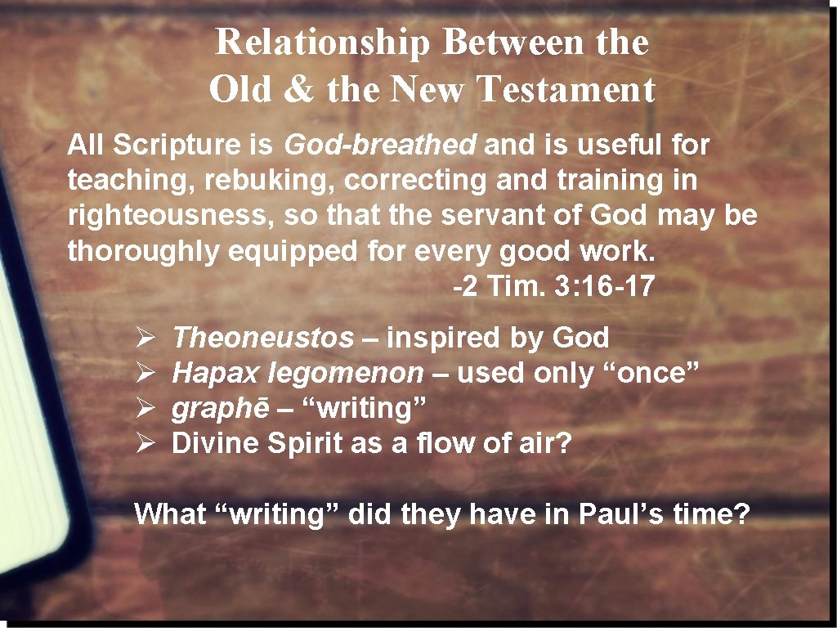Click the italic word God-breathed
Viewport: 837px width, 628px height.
coord(379,146)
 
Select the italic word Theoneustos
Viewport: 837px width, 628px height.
coord(263,337)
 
